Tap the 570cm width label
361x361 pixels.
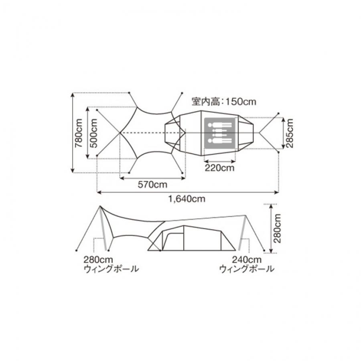coord(152,185)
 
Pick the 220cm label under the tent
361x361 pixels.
coord(219,168)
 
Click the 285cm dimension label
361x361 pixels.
coord(290,133)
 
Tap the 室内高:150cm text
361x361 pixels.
coord(224,102)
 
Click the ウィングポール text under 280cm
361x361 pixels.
coord(111,269)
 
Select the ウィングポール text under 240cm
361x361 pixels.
coord(247,269)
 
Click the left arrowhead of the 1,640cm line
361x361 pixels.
coord(98,193)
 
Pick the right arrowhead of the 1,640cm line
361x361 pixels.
coord(278,193)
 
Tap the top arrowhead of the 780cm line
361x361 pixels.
coord(72,94)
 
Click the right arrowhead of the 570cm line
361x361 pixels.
coord(183,178)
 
